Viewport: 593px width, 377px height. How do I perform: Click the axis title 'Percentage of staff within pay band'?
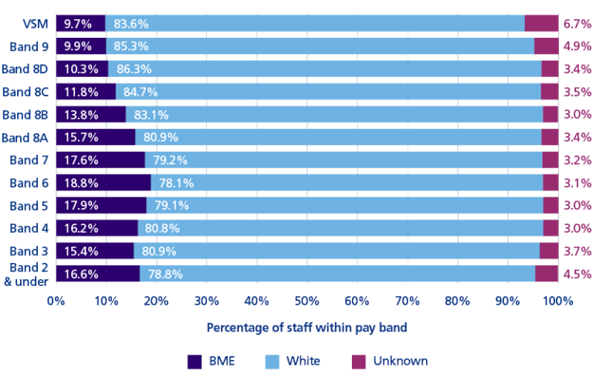(x=307, y=327)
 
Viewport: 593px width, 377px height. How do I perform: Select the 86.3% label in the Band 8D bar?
(x=134, y=69)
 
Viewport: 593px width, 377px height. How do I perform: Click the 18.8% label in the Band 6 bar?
(x=80, y=183)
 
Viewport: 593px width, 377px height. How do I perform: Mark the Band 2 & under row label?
(x=28, y=274)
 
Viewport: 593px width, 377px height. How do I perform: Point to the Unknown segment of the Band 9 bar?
(x=546, y=46)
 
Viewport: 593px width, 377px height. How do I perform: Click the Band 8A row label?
(x=28, y=137)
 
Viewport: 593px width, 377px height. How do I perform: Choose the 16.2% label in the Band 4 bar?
(x=80, y=228)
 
